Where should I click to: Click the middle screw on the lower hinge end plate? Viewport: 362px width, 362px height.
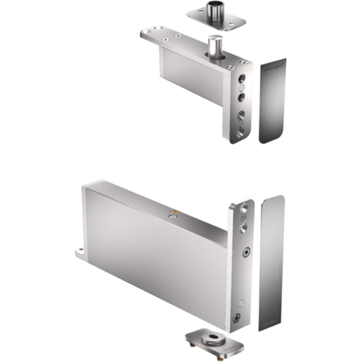(243, 253)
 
